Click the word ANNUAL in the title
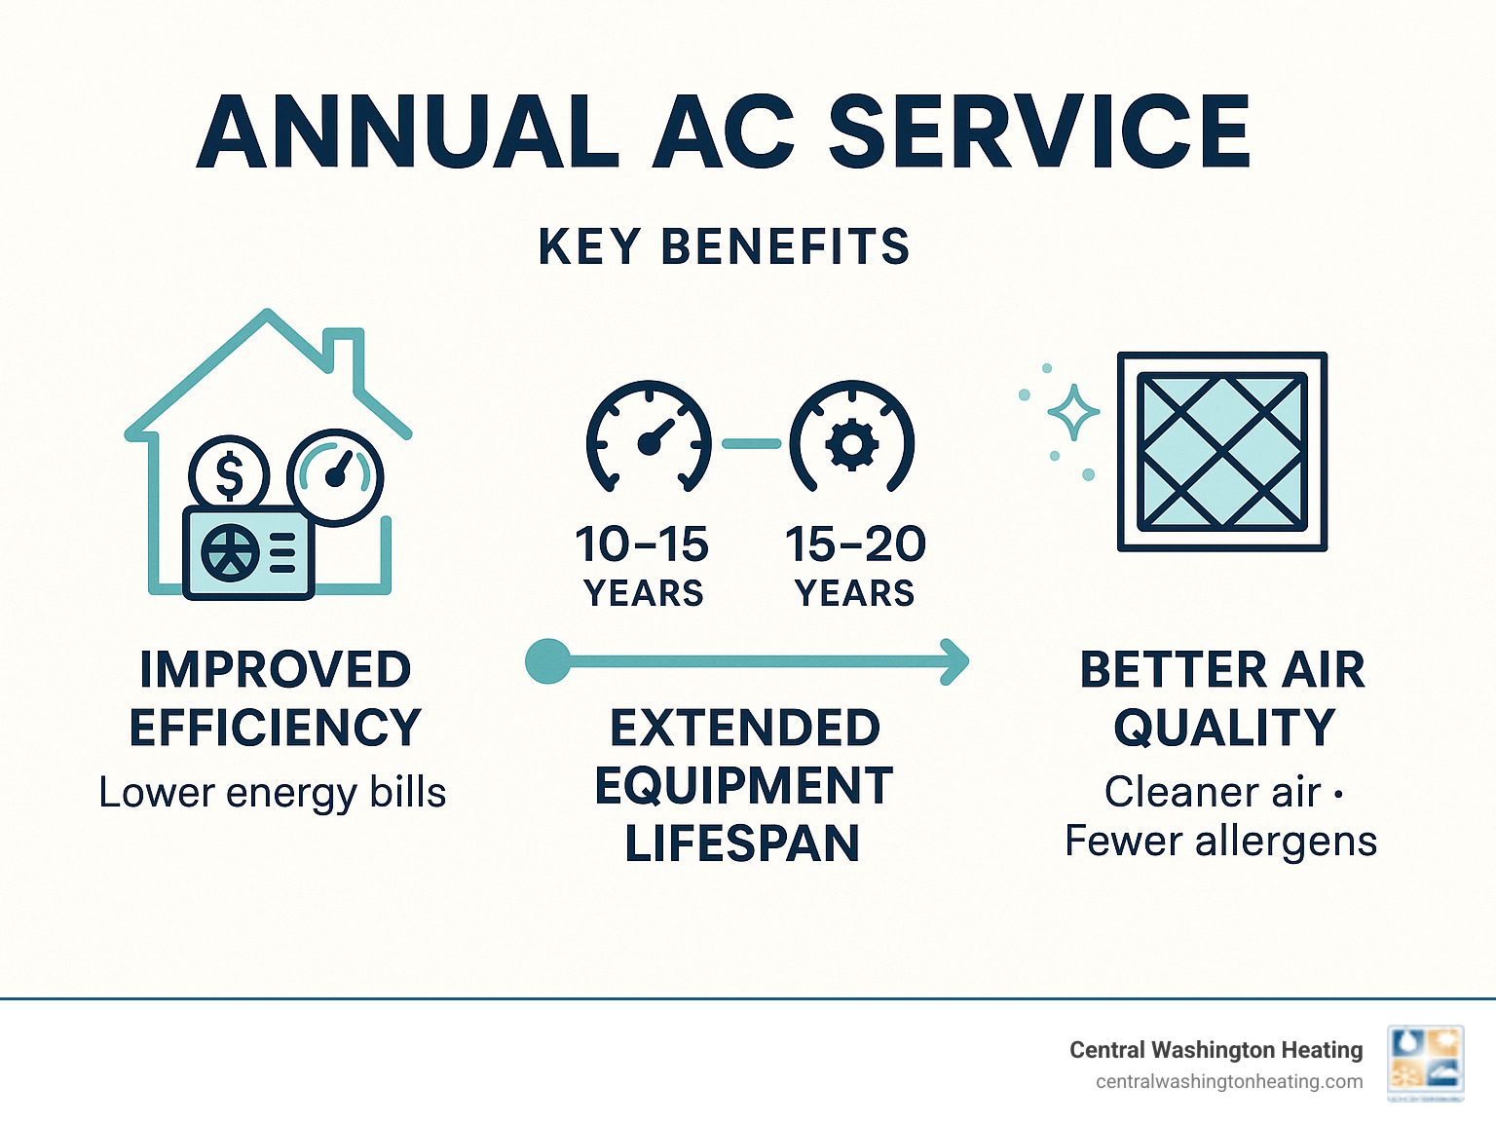click(x=407, y=132)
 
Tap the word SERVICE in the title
click(x=1039, y=132)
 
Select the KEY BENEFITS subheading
click(x=724, y=246)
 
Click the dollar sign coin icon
click(x=229, y=474)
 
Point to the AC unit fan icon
click(x=230, y=552)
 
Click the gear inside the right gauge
click(x=852, y=443)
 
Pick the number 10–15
click(x=642, y=544)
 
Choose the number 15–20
click(x=855, y=544)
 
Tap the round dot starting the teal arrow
click(x=547, y=662)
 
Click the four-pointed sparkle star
click(x=1073, y=412)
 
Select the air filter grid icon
click(x=1222, y=452)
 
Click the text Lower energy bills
click(x=273, y=793)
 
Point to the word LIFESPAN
click(x=742, y=843)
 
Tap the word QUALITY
click(x=1224, y=728)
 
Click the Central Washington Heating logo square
click(x=1426, y=1063)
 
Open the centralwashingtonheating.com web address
click(x=1229, y=1081)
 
